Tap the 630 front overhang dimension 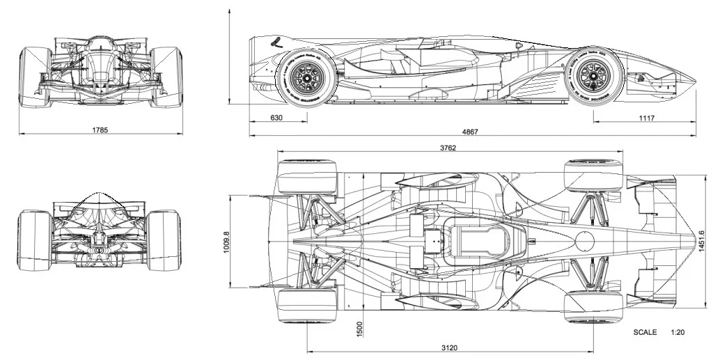click(x=276, y=118)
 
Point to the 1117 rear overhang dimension click(x=646, y=118)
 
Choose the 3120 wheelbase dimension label click(x=449, y=347)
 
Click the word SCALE click(x=645, y=333)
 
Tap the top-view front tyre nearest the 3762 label click(x=307, y=177)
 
